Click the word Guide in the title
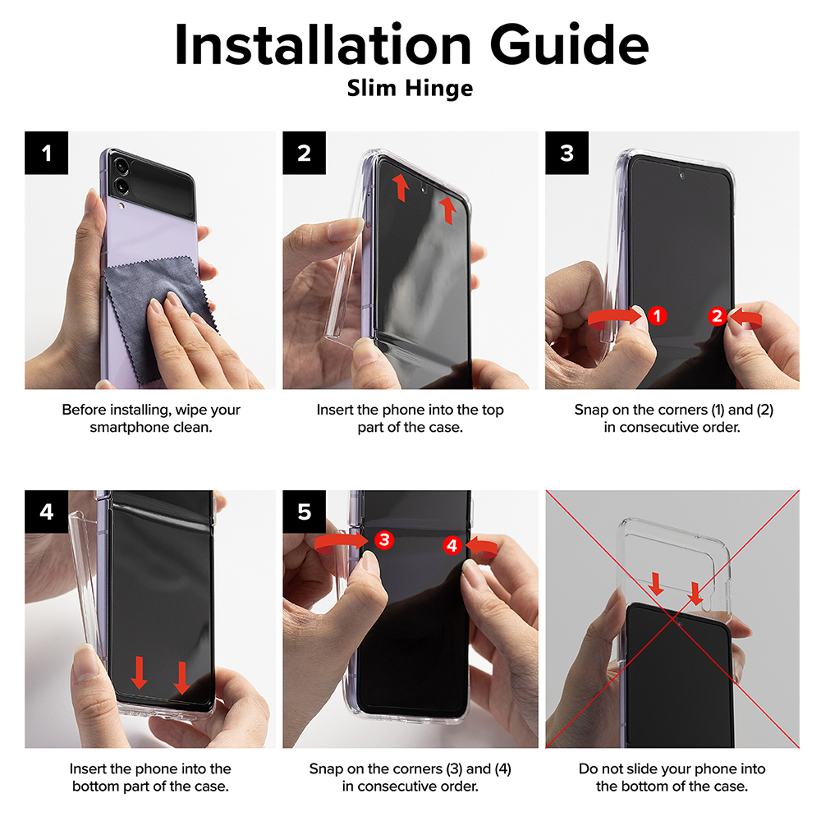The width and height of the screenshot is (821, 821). coord(569,45)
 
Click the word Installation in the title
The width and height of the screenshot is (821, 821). coord(323,45)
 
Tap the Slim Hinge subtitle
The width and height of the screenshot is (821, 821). coord(410,88)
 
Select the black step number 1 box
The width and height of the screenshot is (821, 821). coord(47,153)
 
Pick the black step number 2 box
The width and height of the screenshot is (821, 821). coord(305,153)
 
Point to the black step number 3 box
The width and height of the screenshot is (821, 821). coord(567,153)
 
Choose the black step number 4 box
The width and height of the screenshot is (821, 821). coord(47,511)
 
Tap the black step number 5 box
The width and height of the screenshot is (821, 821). coord(305,511)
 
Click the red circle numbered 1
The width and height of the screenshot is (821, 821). coord(657,316)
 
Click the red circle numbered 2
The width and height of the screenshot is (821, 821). coord(718,316)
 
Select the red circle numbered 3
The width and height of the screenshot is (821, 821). coord(384,539)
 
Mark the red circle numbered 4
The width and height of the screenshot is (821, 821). coord(452,546)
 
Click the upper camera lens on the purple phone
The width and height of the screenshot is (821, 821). coord(122,167)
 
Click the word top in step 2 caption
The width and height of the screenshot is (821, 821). coord(492,410)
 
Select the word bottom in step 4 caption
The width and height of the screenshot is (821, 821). coord(96,787)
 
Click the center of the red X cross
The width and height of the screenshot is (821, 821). coord(673,619)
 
